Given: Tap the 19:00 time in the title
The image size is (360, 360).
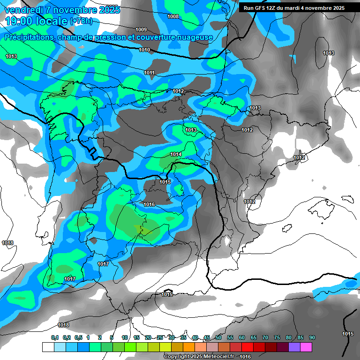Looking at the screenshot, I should coord(19,21).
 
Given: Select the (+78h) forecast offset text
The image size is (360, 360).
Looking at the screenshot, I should coord(81,22).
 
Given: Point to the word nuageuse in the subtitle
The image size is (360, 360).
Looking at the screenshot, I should coord(196,37).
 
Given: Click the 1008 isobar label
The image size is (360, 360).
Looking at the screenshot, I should coord(173,16).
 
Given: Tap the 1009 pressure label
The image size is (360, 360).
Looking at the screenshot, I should coord(141,30).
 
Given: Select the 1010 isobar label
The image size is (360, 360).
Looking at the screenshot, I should coord(144,50).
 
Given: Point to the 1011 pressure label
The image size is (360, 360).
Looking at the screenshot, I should coord(150,73).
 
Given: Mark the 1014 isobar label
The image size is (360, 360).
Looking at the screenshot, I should coord(176,154).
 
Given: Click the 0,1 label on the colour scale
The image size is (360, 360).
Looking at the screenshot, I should coord(55,337).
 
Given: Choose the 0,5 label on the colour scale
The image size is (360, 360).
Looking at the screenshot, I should coord(78,337).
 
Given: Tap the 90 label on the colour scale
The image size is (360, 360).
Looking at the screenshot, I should coord(312,337).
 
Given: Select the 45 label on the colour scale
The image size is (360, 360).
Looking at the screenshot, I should coord(207,337).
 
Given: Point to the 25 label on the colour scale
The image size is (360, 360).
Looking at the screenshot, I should coord(160,337).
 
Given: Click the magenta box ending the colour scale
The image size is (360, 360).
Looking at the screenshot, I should coord(306,347).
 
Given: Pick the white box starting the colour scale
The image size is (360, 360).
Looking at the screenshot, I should coord(48,347).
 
